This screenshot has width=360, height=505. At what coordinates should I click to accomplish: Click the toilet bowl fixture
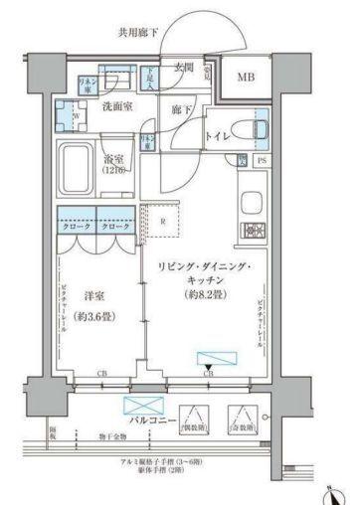[x=262, y=129]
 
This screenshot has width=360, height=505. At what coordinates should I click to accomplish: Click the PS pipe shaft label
[x=262, y=159]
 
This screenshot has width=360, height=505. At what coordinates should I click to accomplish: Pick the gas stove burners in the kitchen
[x=251, y=231]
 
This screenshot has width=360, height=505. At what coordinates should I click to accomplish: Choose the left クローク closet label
[x=75, y=228]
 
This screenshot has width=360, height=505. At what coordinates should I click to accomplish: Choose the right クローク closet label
[x=113, y=228]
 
